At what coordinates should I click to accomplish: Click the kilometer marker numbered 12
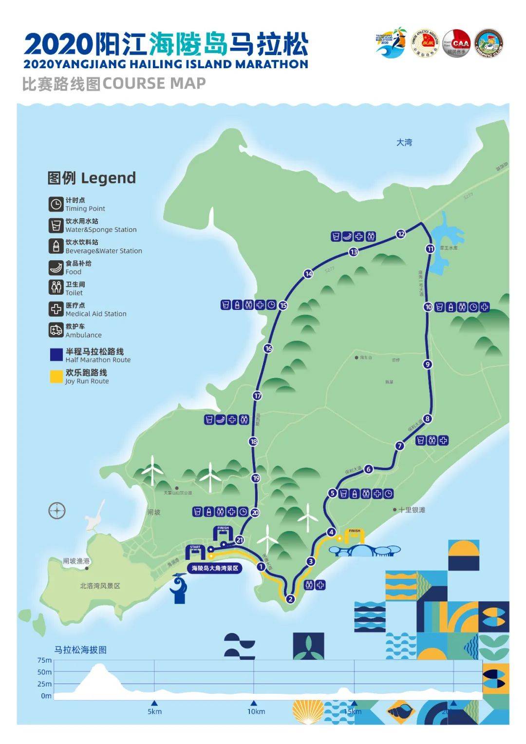[401, 234]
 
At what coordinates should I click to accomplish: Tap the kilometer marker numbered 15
[283, 305]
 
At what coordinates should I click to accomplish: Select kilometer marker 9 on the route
[428, 364]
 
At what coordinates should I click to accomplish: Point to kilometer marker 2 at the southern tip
[291, 599]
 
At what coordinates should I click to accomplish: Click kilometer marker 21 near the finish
[240, 540]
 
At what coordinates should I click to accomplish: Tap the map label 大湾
[404, 142]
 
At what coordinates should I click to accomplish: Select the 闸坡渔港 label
[76, 561]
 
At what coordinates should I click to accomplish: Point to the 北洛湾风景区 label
[100, 586]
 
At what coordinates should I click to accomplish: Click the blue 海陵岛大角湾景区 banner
[215, 568]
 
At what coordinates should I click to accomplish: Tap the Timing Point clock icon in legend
[56, 204]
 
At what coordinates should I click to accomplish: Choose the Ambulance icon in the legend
[56, 330]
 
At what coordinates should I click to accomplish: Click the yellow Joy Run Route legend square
[56, 377]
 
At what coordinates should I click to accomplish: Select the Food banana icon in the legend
[56, 267]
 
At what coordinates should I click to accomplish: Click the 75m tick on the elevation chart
[44, 660]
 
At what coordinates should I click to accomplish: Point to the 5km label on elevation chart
[154, 711]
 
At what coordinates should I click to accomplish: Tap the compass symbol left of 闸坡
[57, 511]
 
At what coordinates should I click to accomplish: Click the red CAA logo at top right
[456, 42]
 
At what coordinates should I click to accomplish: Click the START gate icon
[195, 553]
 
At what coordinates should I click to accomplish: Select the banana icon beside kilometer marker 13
[347, 237]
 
